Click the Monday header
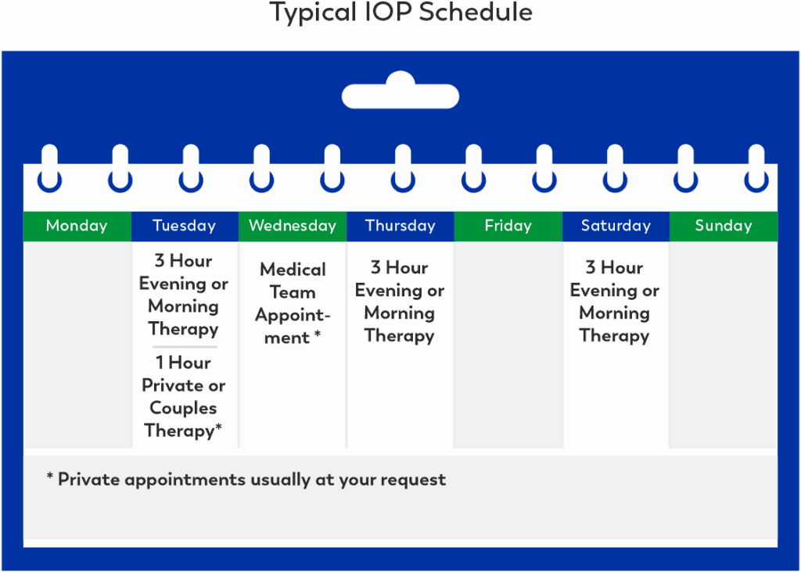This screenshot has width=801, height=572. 77,226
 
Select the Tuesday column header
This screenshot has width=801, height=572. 184,226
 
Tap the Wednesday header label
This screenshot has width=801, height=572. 292,226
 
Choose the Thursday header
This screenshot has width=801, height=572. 400,226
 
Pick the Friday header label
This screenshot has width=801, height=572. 508,226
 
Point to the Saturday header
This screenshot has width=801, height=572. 616,226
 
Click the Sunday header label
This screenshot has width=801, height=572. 723,226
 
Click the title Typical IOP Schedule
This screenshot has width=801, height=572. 400,13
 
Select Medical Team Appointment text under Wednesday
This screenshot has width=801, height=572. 293,303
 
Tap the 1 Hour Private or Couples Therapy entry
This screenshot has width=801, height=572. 184,396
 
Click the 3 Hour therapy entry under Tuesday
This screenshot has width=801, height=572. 184,295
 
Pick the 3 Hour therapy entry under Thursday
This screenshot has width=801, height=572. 400,302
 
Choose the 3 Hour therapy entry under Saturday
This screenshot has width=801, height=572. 615,302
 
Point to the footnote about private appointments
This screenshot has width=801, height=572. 246,479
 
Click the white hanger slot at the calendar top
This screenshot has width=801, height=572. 400,95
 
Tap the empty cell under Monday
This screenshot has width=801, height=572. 77,344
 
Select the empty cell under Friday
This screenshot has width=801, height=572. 508,344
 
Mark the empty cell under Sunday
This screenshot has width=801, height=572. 723,344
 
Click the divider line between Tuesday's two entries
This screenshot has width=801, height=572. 185,346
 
